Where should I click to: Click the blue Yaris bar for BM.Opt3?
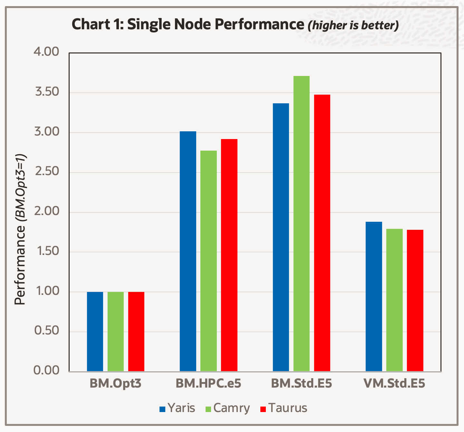(x=95, y=332)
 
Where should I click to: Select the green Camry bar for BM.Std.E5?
(x=301, y=224)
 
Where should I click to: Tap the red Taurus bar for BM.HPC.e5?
(x=229, y=255)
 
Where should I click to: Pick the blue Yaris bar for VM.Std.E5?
(x=374, y=296)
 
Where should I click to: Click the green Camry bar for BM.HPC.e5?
(x=208, y=261)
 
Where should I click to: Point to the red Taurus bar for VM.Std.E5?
(x=415, y=300)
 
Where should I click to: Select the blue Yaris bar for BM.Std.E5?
(x=281, y=237)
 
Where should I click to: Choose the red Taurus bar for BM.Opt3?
(x=136, y=332)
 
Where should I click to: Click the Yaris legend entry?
(x=177, y=408)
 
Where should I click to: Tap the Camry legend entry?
(x=227, y=408)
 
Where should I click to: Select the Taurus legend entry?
(x=284, y=408)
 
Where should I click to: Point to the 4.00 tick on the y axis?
(x=47, y=52)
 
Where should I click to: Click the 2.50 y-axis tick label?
(x=47, y=172)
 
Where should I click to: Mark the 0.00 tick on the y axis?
(x=47, y=371)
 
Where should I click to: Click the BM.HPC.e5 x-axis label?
(x=208, y=384)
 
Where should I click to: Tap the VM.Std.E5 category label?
(x=394, y=384)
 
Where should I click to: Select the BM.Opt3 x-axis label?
(x=115, y=384)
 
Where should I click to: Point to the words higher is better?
(x=353, y=25)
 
